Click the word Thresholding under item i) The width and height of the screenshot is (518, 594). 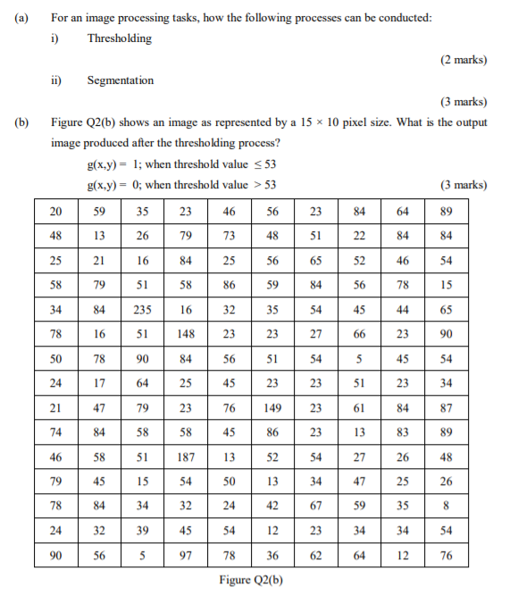coord(119,38)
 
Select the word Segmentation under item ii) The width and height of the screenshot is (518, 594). coord(120,80)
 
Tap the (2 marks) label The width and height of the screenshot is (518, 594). coord(463,60)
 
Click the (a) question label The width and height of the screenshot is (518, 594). coord(17,17)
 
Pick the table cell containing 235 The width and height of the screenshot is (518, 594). coord(143,311)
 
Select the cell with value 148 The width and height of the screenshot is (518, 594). coord(186,336)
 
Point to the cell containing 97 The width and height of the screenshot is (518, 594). coord(186,556)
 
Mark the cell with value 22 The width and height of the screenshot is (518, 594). coord(359,236)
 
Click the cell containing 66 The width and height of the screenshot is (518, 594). coord(359,336)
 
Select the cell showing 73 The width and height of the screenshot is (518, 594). coord(230,236)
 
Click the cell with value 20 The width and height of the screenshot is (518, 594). coord(57,212)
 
